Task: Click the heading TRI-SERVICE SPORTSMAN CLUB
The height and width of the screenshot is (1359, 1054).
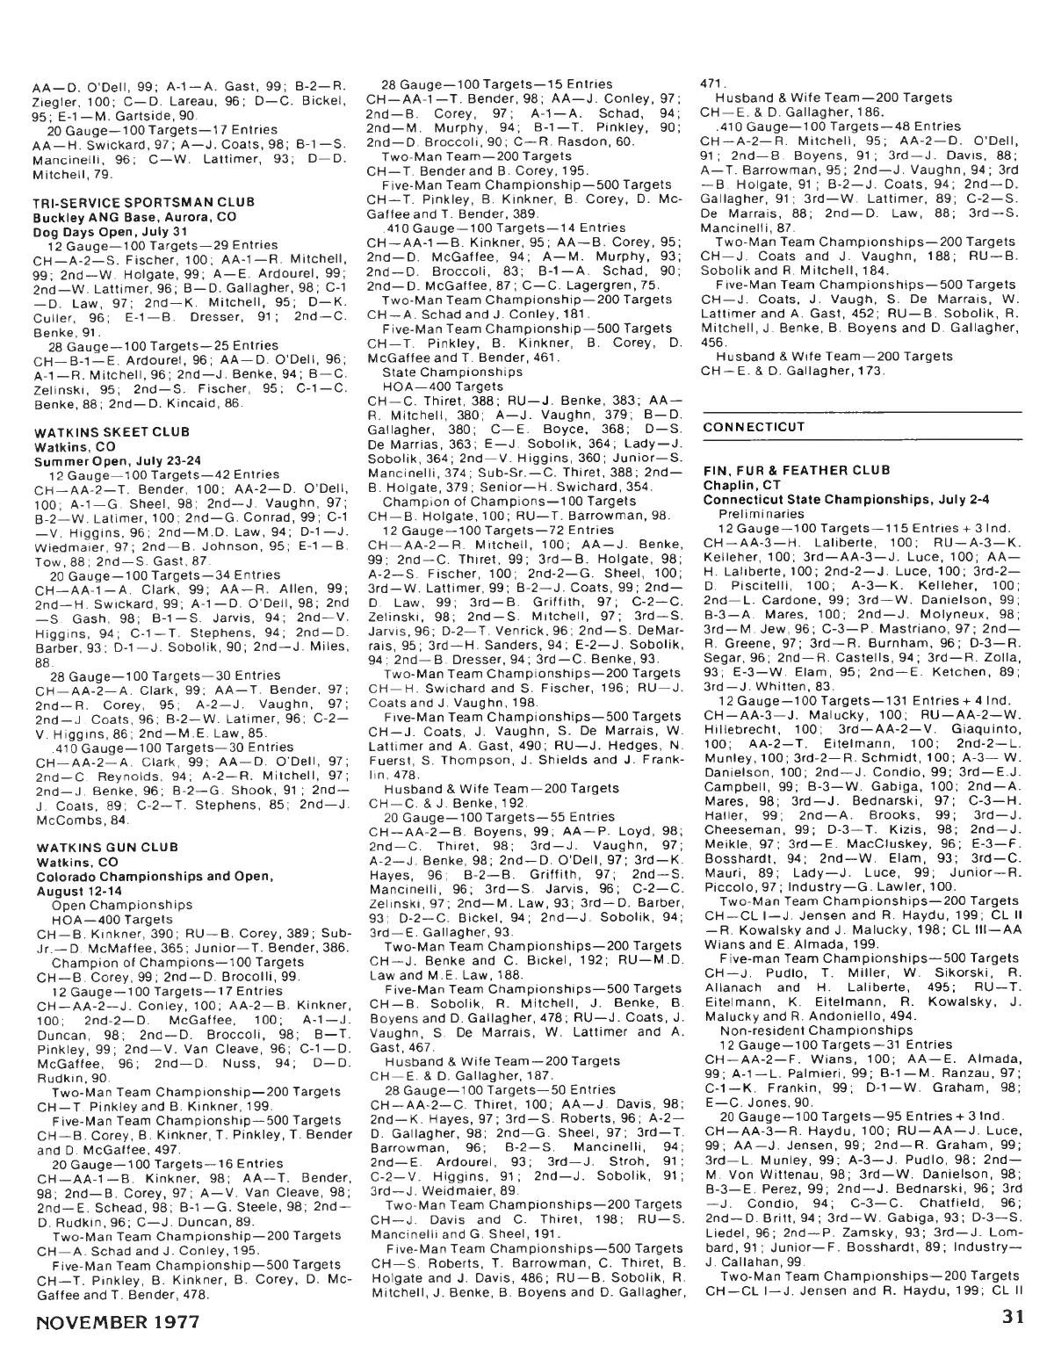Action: pyautogui.click(x=119, y=201)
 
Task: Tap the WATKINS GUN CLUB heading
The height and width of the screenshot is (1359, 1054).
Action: pyautogui.click(x=92, y=847)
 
